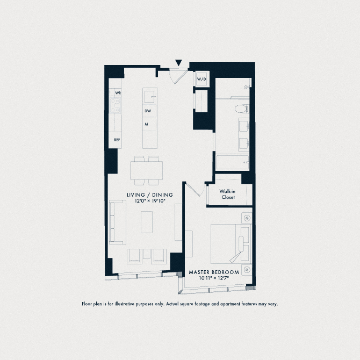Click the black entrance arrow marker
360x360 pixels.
179,63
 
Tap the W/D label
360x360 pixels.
201,80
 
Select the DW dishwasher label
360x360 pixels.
147,111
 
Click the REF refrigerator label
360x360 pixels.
116,140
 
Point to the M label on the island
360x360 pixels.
146,124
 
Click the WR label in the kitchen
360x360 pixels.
118,93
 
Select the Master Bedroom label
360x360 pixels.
214,273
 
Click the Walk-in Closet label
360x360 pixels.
229,194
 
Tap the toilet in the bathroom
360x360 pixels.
242,108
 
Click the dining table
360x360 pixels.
146,171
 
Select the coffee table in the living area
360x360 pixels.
147,221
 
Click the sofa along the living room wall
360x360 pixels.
114,221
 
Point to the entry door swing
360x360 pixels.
177,75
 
